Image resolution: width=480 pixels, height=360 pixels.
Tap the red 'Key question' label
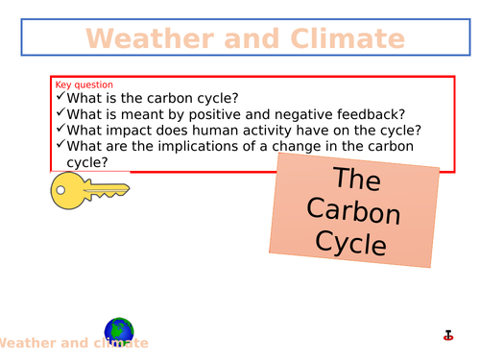[84, 84]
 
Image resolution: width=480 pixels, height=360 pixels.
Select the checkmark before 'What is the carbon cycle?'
[61, 96]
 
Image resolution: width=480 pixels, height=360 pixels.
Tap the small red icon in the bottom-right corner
[447, 335]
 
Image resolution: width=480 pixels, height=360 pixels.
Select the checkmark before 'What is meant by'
[61, 112]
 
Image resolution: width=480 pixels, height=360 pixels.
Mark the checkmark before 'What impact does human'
[61, 129]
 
